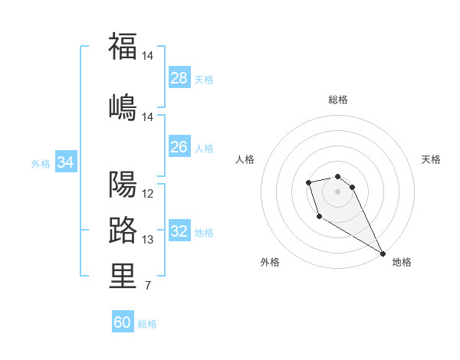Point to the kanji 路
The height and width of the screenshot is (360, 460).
point(123,231)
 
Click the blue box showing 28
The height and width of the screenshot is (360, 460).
point(179,78)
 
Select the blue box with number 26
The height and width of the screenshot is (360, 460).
point(179,147)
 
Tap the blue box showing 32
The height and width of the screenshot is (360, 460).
point(179,231)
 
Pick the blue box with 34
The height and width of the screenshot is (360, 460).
point(66,162)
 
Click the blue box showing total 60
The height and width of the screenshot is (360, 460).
point(123,322)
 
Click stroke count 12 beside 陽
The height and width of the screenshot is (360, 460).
point(148,194)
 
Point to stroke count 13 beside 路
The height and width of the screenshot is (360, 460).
point(148,240)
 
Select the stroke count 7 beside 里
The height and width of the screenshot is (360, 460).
point(147,286)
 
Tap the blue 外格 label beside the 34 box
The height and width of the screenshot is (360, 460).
point(41,163)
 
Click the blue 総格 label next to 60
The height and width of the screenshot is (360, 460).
point(147,324)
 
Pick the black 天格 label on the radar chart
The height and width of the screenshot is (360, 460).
point(431,159)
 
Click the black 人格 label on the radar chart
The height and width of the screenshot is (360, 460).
point(245,159)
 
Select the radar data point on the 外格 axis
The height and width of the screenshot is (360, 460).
point(319,217)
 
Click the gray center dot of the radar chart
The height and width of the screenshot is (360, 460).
point(337,191)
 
